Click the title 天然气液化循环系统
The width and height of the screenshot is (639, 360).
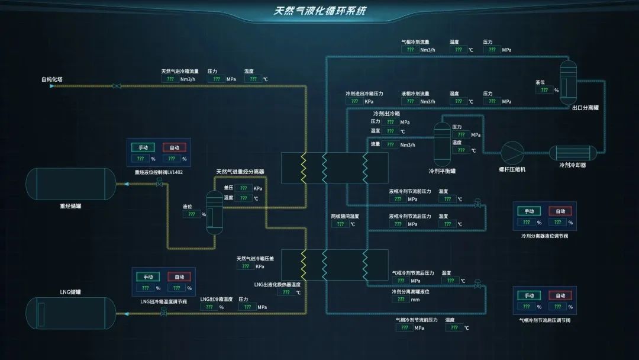click(319, 11)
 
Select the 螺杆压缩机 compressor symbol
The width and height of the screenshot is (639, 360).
click(512, 153)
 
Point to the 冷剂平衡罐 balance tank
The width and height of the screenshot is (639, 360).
click(442, 144)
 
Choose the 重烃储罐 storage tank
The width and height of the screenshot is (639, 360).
click(70, 184)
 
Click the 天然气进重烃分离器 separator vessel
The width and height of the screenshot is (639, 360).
click(214, 211)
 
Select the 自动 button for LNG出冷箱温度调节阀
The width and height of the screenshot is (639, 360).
click(179, 277)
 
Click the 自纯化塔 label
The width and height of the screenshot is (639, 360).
click(51, 79)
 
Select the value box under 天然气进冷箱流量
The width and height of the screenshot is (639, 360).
click(170, 79)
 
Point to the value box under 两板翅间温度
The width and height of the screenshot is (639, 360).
click(340, 224)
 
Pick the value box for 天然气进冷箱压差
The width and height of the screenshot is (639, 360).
click(245, 266)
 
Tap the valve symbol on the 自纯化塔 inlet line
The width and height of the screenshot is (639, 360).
click(116, 86)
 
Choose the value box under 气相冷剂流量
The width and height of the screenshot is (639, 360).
click(409, 50)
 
